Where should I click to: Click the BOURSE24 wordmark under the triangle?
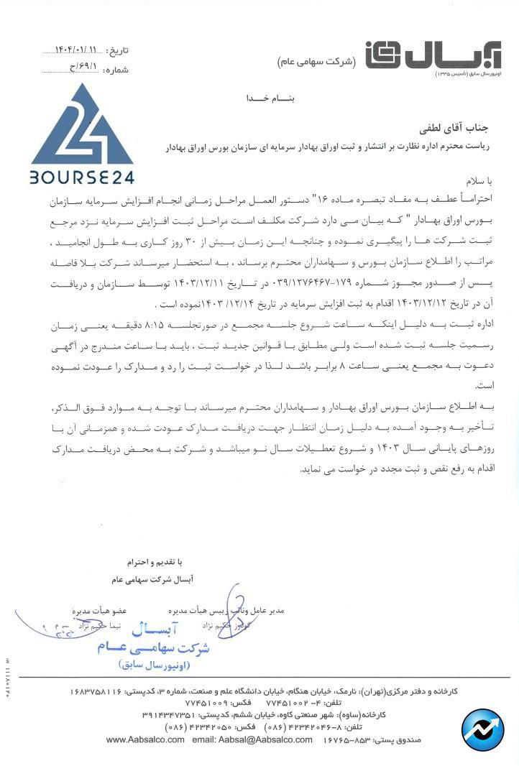click(x=82, y=176)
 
